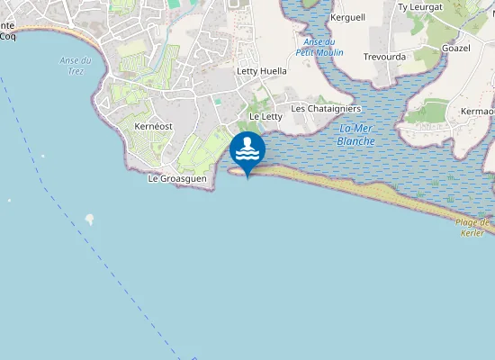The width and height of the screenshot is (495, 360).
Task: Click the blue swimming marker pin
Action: click(x=247, y=149)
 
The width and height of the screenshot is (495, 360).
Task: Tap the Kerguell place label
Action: click(x=347, y=17)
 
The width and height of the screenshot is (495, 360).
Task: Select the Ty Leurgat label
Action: click(x=420, y=6)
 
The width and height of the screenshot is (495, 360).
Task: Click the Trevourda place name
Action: click(x=384, y=57)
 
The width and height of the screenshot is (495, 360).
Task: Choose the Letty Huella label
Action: click(x=262, y=71)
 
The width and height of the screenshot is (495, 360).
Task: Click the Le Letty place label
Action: click(x=265, y=116)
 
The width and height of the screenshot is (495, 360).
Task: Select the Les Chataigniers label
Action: click(x=326, y=109)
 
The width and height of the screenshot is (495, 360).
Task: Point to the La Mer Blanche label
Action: click(x=357, y=134)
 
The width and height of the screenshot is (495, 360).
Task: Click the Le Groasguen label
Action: click(x=177, y=179)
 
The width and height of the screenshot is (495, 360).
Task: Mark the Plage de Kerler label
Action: click(x=473, y=227)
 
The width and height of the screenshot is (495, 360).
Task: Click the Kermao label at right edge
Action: click(x=478, y=111)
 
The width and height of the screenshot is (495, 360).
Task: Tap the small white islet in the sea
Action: click(x=89, y=218)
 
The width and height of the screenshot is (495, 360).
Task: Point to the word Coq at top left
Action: click(x=8, y=37)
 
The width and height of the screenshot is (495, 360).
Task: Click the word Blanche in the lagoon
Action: click(x=357, y=141)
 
